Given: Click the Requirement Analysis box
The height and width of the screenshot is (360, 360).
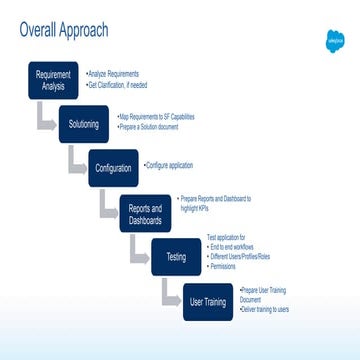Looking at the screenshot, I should (52, 81).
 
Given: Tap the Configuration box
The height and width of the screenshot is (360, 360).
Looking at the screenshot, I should (113, 167).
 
